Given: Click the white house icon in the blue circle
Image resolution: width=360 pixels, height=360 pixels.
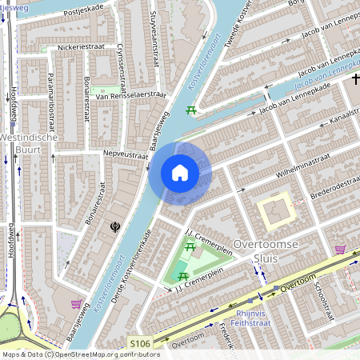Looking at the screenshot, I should coord(180,172).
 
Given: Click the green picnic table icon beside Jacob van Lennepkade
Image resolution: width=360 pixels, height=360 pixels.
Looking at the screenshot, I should coord(191,111).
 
